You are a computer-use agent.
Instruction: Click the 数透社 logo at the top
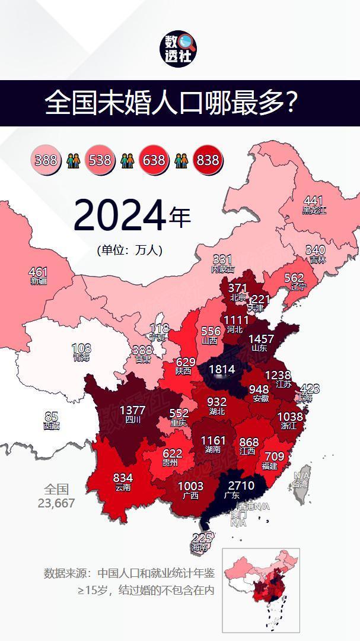coord(180,49)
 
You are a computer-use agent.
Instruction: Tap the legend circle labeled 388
coord(46,160)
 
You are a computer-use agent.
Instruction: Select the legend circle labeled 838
coord(208,160)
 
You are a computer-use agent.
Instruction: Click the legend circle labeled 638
coord(154,160)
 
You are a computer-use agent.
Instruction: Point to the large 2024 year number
coord(119,216)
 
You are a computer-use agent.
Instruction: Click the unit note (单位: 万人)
coord(129,250)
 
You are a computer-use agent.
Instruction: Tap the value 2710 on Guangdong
coord(240,486)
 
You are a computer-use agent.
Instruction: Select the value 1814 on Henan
coord(221,370)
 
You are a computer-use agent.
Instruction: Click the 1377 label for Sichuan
coord(132,410)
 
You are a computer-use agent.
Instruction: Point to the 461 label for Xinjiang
coord(38,273)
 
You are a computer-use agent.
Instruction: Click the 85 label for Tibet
coord(51,417)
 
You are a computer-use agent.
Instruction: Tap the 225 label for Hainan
coord(202,538)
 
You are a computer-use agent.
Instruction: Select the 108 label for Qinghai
coord(81,348)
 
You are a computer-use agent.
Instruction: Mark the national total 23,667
coord(56,503)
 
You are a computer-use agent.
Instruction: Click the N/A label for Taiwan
coord(301,476)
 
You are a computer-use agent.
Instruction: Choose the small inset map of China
coord(261,590)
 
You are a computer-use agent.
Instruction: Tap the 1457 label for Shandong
coord(261,339)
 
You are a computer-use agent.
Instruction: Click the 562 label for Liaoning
coord(294,278)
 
